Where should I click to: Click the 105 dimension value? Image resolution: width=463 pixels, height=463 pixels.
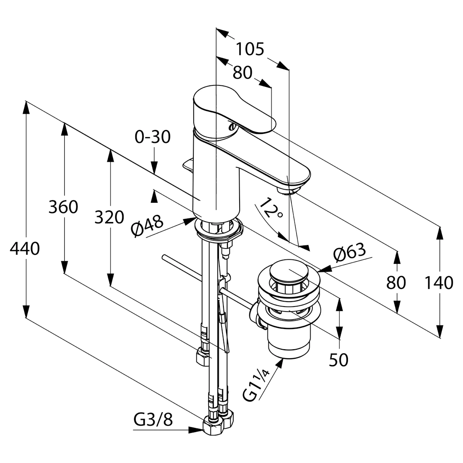250,49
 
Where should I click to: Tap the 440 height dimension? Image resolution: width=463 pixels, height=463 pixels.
25,249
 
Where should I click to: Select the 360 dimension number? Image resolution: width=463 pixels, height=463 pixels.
63,207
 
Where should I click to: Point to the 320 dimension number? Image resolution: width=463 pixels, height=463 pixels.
109,218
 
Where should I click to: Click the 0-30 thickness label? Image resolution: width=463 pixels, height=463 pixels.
153,137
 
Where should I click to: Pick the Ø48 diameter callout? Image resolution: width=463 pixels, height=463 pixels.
147,226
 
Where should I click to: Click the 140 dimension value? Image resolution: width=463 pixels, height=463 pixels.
439,283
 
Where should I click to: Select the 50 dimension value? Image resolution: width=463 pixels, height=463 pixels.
338,360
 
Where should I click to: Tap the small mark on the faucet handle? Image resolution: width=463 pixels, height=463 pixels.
232,127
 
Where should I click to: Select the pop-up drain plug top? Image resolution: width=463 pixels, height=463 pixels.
288,272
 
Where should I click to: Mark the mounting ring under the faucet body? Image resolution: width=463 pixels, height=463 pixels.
219,231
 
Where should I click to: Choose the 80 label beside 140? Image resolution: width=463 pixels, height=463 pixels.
396,283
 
